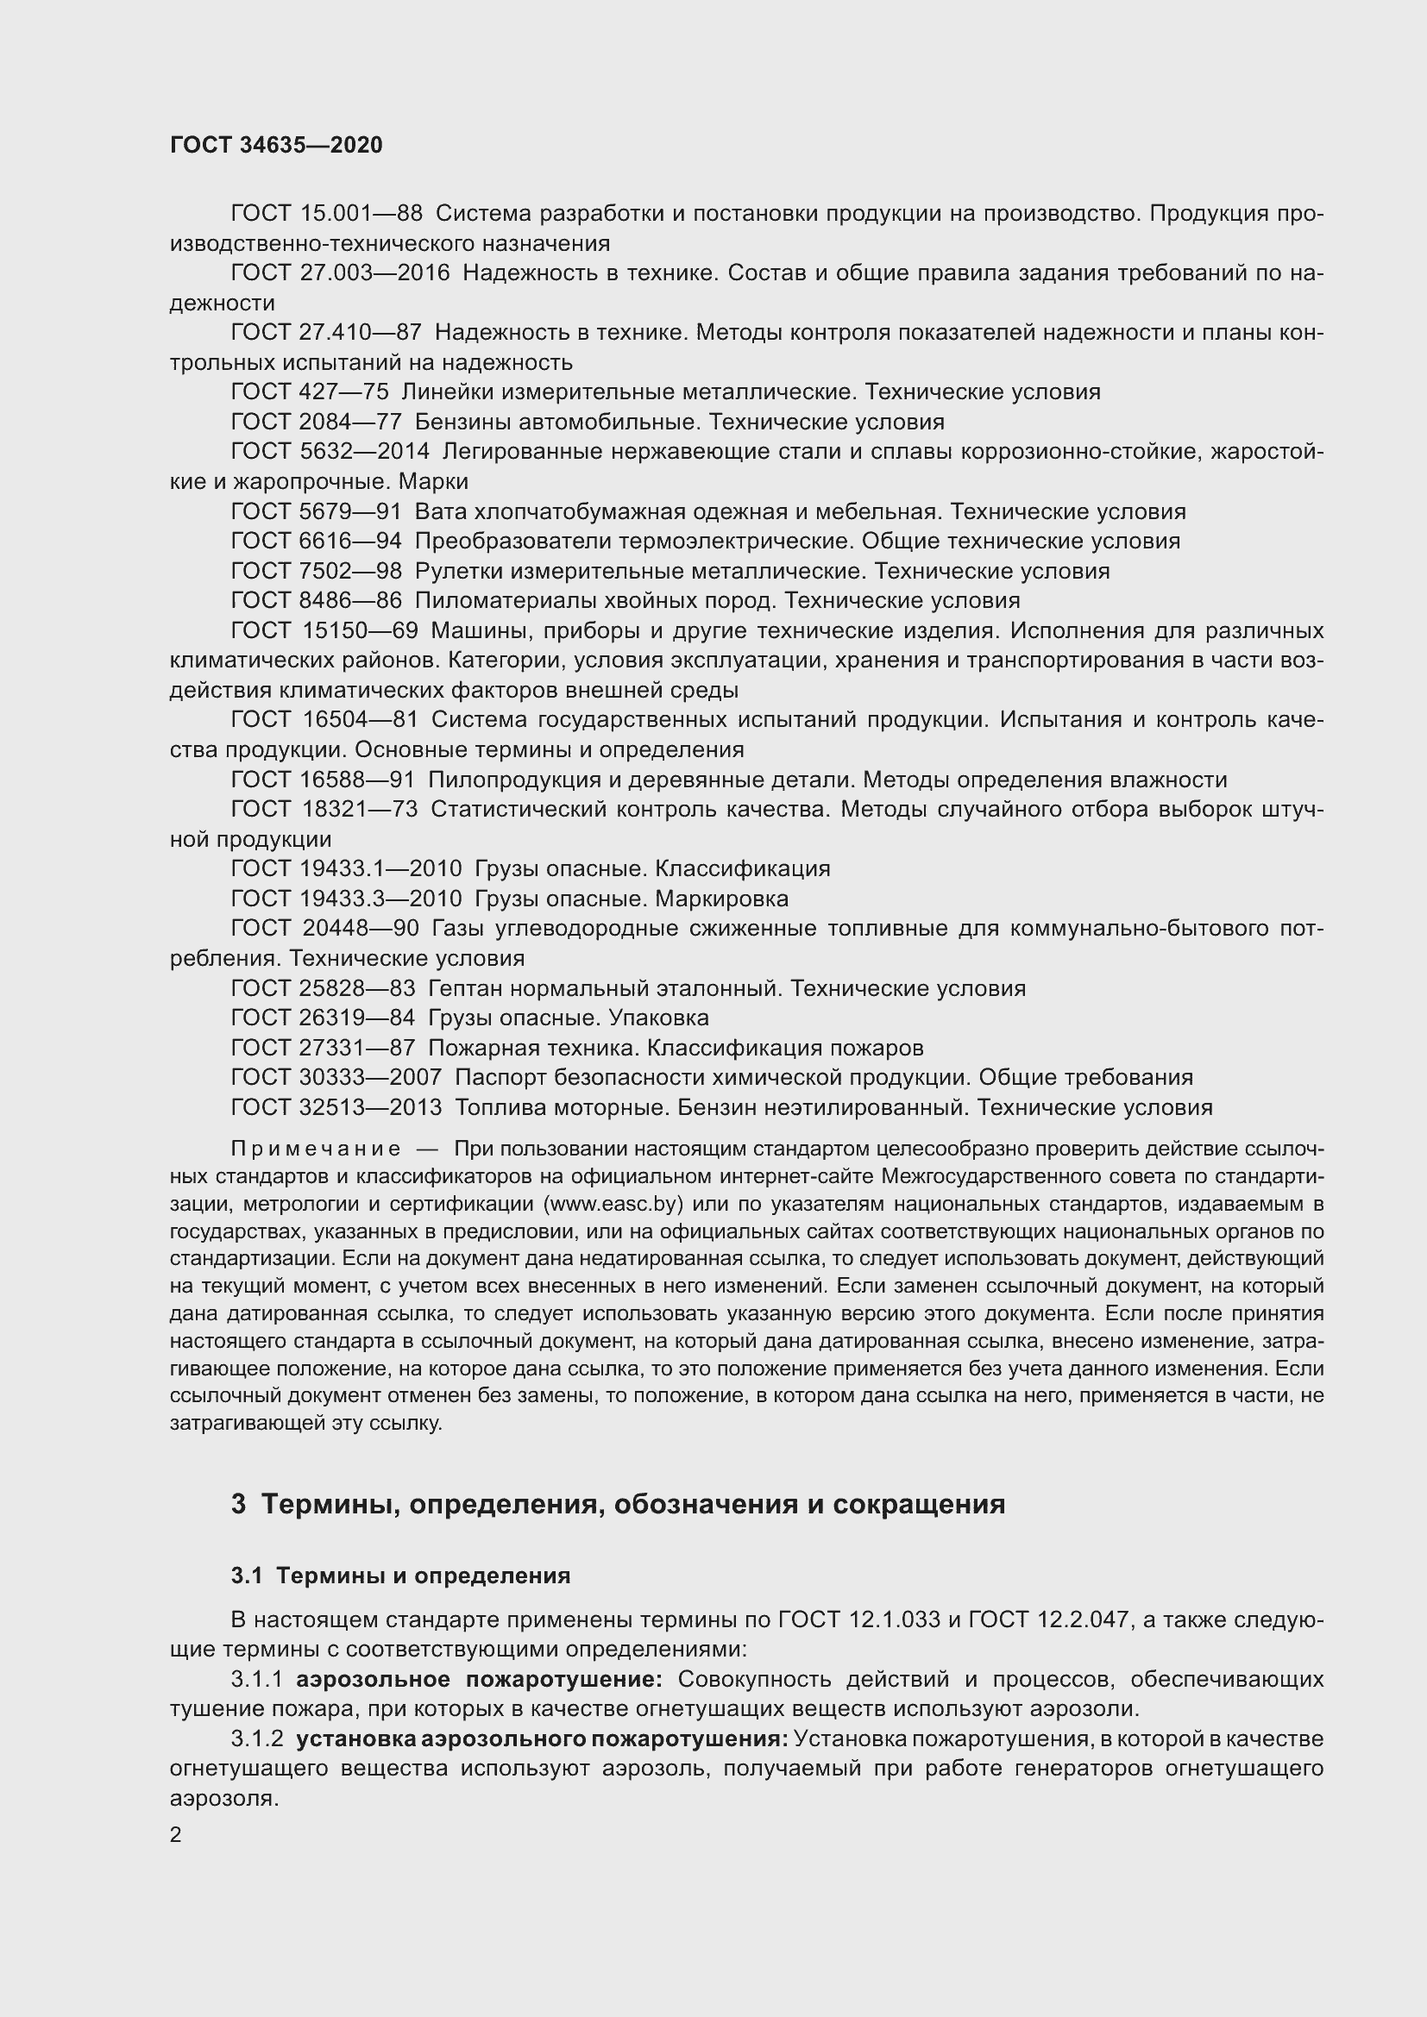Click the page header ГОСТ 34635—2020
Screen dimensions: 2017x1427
[276, 145]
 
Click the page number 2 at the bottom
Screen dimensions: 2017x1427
[176, 1834]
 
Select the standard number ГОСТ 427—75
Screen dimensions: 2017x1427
[310, 391]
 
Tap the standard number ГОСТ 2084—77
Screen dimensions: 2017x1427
[317, 422]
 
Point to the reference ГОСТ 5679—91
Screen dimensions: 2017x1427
[317, 511]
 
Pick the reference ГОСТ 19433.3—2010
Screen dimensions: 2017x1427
[346, 899]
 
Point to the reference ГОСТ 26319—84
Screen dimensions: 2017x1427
[323, 1018]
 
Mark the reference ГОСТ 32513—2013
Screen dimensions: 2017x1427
[336, 1108]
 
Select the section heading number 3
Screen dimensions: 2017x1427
[238, 1504]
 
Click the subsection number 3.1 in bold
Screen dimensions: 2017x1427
[247, 1576]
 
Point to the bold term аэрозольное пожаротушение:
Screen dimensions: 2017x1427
[480, 1680]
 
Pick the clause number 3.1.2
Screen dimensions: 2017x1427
[256, 1739]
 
